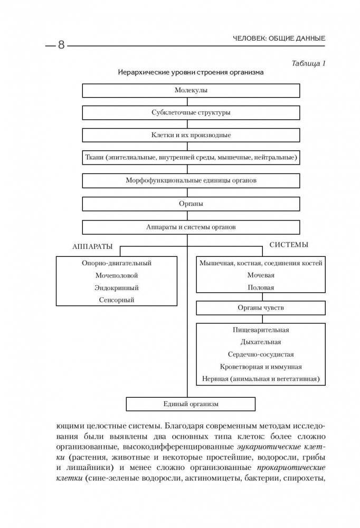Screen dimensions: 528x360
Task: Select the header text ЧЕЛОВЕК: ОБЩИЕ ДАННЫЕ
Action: tap(279, 39)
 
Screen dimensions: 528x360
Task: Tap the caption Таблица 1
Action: tap(308, 63)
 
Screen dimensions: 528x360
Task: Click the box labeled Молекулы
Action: tap(191, 91)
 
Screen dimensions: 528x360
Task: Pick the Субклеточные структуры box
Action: tap(191, 113)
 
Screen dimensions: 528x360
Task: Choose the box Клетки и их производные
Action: tap(191, 135)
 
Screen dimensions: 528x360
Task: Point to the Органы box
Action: tap(191, 203)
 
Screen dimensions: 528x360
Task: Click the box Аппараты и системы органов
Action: tap(191, 227)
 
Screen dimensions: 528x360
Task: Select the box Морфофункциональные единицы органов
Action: tap(191, 180)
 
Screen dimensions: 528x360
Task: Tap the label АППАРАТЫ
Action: tap(93, 246)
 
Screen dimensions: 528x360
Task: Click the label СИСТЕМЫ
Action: tap(289, 245)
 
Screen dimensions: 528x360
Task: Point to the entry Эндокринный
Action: tap(117, 287)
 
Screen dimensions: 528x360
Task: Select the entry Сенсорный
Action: tap(117, 300)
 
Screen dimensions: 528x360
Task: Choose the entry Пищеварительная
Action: tap(261, 330)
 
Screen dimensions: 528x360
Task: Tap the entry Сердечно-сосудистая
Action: tap(261, 354)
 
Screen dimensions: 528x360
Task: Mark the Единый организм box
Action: tap(191, 404)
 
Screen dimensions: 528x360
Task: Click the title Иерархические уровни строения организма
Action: tap(191, 72)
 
